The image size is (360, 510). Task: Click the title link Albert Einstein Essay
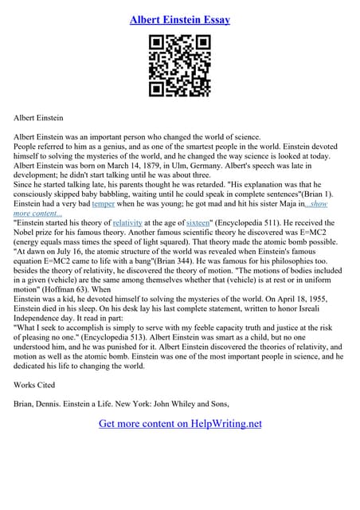pyautogui.click(x=180, y=19)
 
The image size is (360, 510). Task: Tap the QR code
pyautogui.click(x=180, y=67)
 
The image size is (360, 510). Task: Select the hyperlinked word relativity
pyautogui.click(x=127, y=224)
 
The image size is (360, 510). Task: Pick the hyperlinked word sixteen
pyautogui.click(x=198, y=224)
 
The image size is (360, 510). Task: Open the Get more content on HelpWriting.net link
pyautogui.click(x=180, y=423)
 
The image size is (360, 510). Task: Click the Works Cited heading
pyautogui.click(x=35, y=384)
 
